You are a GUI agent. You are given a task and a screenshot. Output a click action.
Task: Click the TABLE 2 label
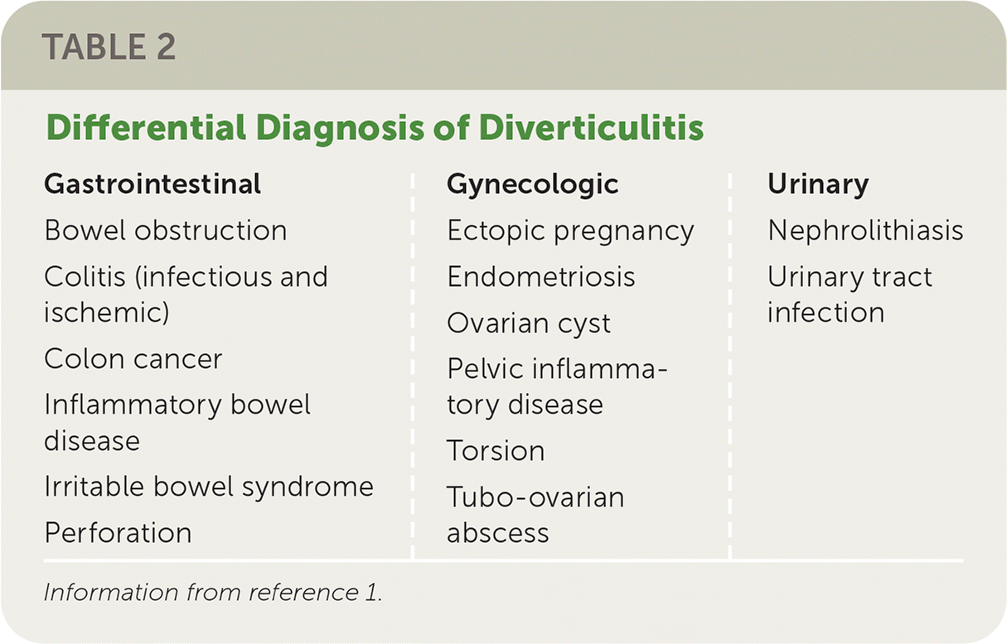(109, 46)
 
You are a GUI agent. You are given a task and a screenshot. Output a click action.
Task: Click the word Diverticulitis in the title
(591, 128)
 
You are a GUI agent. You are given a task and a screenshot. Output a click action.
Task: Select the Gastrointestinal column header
(153, 184)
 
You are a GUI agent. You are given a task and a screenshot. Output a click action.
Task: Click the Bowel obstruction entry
(166, 230)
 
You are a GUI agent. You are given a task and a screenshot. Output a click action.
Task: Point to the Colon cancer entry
(133, 359)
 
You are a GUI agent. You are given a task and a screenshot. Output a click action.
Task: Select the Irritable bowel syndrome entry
(209, 487)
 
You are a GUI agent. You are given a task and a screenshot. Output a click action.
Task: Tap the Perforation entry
(119, 532)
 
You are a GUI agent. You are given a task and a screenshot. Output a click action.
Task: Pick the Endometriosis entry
(541, 276)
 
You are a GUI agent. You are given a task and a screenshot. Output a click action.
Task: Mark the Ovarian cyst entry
(529, 323)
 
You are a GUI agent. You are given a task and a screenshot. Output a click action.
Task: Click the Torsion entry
(496, 451)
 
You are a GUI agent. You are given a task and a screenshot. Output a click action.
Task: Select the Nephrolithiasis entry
(865, 230)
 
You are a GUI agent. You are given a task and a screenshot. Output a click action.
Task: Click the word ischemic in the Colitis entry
(107, 312)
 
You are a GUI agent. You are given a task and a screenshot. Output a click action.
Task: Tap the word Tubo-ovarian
(536, 497)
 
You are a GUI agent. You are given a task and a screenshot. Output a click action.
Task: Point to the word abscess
(498, 533)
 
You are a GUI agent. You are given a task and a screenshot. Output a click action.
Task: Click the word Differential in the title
(146, 128)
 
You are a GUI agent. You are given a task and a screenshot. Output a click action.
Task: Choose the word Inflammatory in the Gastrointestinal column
(133, 405)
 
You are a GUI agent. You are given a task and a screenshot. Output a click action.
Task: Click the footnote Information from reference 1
(213, 593)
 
